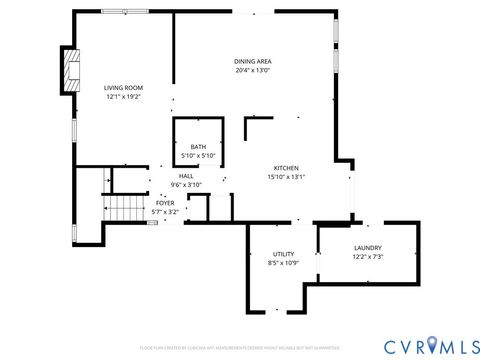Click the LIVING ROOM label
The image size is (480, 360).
pyautogui.click(x=124, y=88)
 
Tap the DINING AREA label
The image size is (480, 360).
pyautogui.click(x=252, y=61)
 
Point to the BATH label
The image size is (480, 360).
pyautogui.click(x=198, y=148)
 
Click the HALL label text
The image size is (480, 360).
pyautogui.click(x=186, y=176)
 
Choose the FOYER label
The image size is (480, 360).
pyautogui.click(x=165, y=203)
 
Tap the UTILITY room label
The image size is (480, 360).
pyautogui.click(x=284, y=254)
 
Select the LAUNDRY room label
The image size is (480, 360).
pyautogui.click(x=368, y=248)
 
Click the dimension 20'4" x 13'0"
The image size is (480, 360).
pyautogui.click(x=252, y=71)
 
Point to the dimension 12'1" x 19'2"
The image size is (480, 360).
pyautogui.click(x=124, y=97)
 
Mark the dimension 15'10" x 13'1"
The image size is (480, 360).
pyautogui.click(x=286, y=177)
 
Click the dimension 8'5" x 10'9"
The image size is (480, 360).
pyautogui.click(x=284, y=263)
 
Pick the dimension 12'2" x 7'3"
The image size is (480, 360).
pyautogui.click(x=368, y=257)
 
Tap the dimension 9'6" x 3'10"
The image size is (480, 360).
pyautogui.click(x=186, y=185)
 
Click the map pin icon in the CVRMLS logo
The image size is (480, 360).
pyautogui.click(x=432, y=345)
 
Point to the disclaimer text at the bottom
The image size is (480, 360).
pyautogui.click(x=240, y=348)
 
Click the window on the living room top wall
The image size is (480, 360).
pyautogui.click(x=126, y=11)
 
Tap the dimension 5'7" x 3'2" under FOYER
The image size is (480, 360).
pyautogui.click(x=165, y=212)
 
